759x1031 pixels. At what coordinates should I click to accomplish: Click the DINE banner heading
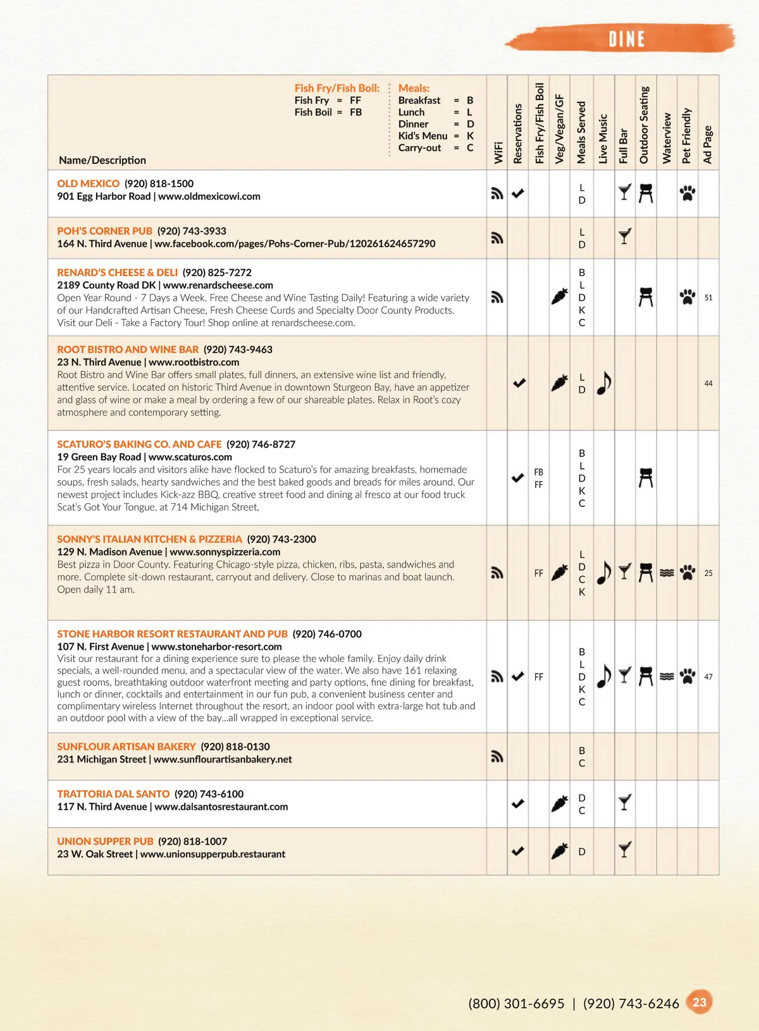coord(626,39)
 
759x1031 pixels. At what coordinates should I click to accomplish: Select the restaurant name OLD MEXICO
coord(88,183)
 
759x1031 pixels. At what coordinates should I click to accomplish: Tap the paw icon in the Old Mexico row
coord(688,193)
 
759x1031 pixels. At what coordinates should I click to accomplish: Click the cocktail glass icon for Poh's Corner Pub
coord(625,236)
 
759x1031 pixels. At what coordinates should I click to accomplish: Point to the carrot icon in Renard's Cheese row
coord(559,296)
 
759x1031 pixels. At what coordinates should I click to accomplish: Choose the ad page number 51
coord(708,298)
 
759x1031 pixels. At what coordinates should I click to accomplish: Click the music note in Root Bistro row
coord(604,382)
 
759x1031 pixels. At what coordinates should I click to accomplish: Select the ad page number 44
coord(708,384)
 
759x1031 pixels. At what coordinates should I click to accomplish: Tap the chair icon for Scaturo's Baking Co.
coord(645,478)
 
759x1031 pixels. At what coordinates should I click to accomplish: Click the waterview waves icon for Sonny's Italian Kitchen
coord(667,573)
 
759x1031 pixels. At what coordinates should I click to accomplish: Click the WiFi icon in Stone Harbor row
coord(497,676)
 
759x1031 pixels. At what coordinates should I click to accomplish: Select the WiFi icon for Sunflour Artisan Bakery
coord(497,756)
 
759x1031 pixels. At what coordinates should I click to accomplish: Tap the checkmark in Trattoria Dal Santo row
coord(518,803)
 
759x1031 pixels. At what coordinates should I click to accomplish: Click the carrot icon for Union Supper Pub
coord(559,851)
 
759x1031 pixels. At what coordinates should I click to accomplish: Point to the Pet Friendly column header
coord(687,136)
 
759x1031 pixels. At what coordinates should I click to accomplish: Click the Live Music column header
coord(603,139)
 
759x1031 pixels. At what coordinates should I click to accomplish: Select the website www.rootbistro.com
coord(194,362)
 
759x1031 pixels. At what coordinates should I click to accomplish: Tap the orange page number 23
coord(699,1002)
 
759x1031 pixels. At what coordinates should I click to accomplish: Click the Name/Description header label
coord(102,161)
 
